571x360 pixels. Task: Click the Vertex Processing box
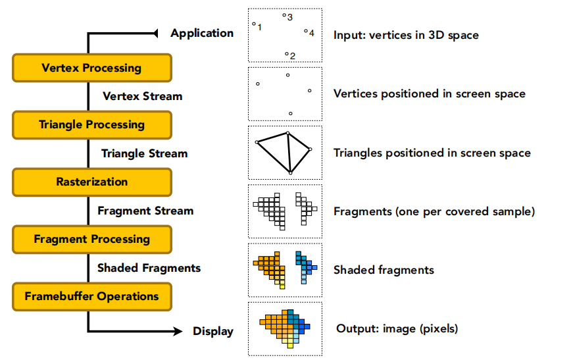[x=91, y=68]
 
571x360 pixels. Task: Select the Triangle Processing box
[x=91, y=124]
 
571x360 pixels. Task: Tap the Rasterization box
[x=91, y=182]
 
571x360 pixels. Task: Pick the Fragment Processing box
[x=91, y=239]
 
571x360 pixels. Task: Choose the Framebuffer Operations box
[x=91, y=296]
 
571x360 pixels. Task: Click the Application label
[x=202, y=33]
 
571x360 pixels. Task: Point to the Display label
[x=212, y=331]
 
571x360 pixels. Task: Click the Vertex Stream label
[x=142, y=96]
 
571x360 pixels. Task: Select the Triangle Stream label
[x=144, y=153]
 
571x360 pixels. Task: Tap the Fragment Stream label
[x=145, y=211]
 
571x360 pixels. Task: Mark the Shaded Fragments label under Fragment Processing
[x=149, y=268]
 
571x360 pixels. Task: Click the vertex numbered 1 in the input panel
[x=254, y=24]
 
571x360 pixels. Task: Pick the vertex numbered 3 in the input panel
[x=284, y=14]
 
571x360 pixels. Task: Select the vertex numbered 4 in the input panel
[x=306, y=30]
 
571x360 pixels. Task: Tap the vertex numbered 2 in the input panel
[x=286, y=53]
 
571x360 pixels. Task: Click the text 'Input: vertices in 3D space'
[x=406, y=34]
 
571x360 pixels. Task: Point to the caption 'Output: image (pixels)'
[x=397, y=328]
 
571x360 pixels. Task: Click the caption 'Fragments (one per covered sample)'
[x=434, y=211]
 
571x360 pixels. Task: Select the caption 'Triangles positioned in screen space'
[x=432, y=153]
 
